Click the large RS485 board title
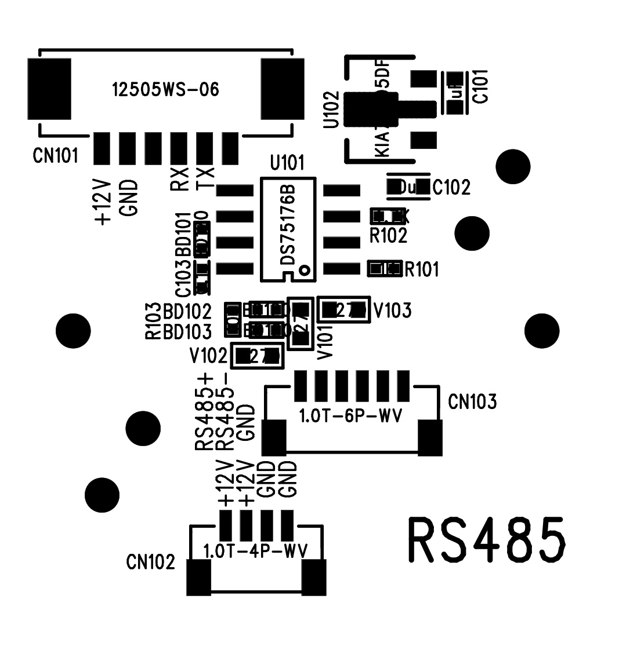(x=487, y=541)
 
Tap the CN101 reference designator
(x=55, y=156)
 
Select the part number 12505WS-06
(x=165, y=90)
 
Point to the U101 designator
(x=287, y=163)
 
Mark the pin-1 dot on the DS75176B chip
(x=304, y=269)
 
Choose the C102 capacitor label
(x=451, y=188)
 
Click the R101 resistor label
(x=422, y=269)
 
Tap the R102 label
(x=389, y=236)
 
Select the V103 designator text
(x=392, y=311)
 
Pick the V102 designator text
(x=208, y=355)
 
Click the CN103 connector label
(x=472, y=401)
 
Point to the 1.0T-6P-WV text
(x=350, y=416)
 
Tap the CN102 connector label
(x=150, y=562)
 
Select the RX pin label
(x=179, y=179)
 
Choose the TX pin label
(x=205, y=178)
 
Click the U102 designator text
(x=332, y=109)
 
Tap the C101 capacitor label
(x=480, y=86)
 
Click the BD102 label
(x=187, y=312)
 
